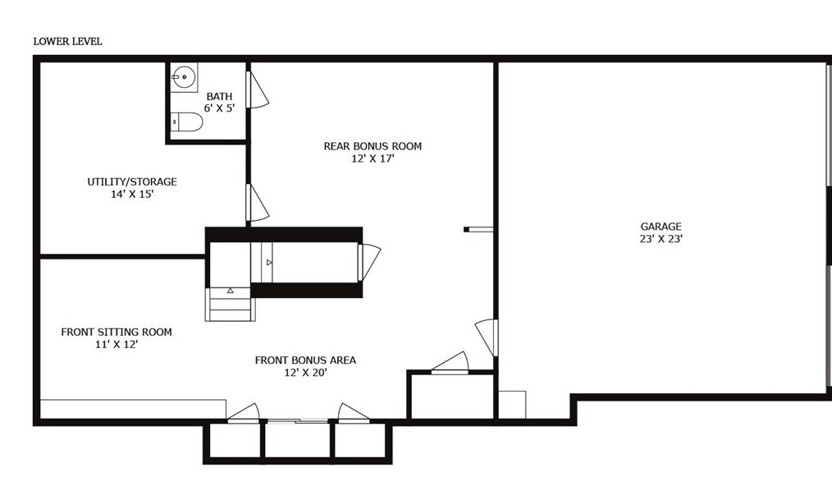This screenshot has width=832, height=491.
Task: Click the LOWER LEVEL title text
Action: tap(67, 41)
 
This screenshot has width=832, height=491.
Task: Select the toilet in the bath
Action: tap(187, 123)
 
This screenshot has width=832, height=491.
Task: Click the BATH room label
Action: tap(219, 97)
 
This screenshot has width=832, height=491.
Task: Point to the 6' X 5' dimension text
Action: tap(219, 108)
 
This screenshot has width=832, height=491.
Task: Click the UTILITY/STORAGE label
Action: tap(132, 182)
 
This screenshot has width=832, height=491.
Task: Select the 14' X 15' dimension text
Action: tap(132, 195)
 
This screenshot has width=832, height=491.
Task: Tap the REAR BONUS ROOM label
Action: tap(373, 147)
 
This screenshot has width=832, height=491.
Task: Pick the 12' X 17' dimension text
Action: tap(373, 159)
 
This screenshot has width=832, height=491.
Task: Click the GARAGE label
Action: tap(661, 227)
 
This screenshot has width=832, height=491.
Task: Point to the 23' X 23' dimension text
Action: tap(661, 239)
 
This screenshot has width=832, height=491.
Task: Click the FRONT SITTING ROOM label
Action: tap(117, 333)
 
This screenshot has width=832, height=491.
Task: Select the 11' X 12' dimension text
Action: tap(117, 345)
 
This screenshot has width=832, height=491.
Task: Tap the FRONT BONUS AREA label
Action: tap(305, 360)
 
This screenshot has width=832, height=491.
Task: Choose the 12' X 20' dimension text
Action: tap(305, 373)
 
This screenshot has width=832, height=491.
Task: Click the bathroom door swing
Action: tap(258, 89)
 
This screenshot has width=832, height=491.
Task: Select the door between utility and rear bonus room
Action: tap(257, 203)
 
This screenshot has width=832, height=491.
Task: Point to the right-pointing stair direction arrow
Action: tap(268, 262)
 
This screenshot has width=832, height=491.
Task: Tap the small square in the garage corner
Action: tap(512, 404)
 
